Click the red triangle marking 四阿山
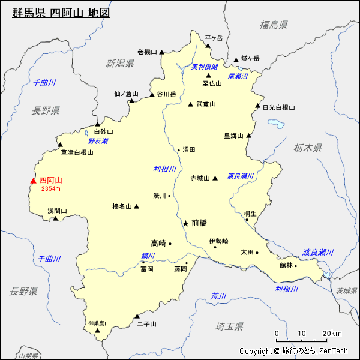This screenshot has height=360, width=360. [x=34, y=181]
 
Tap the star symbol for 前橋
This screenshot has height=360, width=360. [x=185, y=223]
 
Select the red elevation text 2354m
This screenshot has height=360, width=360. [x=50, y=189]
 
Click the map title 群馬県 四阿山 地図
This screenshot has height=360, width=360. [x=61, y=12]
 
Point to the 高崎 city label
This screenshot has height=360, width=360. [x=158, y=243]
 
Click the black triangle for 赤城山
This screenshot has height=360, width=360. [x=215, y=178]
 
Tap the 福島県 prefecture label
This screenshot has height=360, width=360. [x=274, y=25]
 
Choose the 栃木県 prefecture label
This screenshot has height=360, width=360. [x=308, y=148]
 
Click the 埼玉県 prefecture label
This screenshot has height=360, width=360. [x=229, y=326]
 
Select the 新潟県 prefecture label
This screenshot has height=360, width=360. [x=119, y=63]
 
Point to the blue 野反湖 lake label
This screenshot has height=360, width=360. [x=98, y=141]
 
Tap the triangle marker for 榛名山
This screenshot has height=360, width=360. [x=137, y=206]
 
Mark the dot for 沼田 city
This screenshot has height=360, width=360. [x=179, y=149]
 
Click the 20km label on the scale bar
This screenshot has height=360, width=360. [x=332, y=334]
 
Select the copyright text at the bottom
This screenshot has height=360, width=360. [x=293, y=351]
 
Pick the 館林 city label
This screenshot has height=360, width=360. [x=286, y=265]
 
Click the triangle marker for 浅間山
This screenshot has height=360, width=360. [x=55, y=218]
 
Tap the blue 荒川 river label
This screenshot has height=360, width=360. [x=218, y=296]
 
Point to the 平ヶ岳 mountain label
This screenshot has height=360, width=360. [x=214, y=38]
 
